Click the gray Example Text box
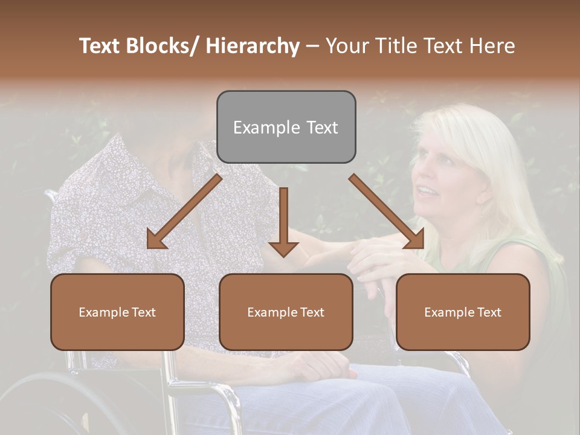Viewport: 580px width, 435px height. coord(286,127)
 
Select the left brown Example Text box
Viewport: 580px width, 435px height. coord(117,312)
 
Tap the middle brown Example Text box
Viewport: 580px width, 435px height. coord(286,312)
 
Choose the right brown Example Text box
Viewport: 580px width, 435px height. coord(463,312)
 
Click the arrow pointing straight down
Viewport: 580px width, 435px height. coord(283,224)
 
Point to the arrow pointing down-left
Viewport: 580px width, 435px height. coord(181,214)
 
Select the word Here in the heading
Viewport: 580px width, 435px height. coord(492,46)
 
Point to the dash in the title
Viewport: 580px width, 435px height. coord(312,46)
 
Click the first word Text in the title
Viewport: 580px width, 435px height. coord(100,46)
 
